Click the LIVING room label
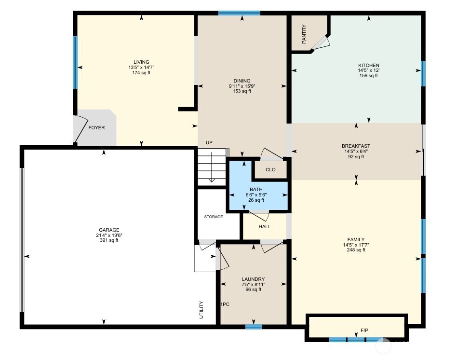pyautogui.click(x=141, y=62)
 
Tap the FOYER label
pyautogui.click(x=96, y=128)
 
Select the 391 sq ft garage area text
pyautogui.click(x=108, y=240)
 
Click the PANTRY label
pyautogui.click(x=304, y=34)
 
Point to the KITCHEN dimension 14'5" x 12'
pyautogui.click(x=369, y=70)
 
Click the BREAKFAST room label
pyautogui.click(x=356, y=146)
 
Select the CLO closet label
pyautogui.click(x=270, y=170)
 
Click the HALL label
pyautogui.click(x=265, y=226)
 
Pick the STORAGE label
pyautogui.click(x=213, y=217)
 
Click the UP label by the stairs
pyautogui.click(x=209, y=143)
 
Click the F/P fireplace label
pyautogui.click(x=364, y=331)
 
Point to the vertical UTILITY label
pyautogui.click(x=202, y=309)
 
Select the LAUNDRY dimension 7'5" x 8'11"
pyautogui.click(x=253, y=285)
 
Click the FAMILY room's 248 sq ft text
pyautogui.click(x=356, y=250)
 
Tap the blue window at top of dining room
pyautogui.click(x=239, y=13)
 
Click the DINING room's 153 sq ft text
pyautogui.click(x=242, y=91)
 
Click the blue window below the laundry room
pyautogui.click(x=254, y=327)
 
